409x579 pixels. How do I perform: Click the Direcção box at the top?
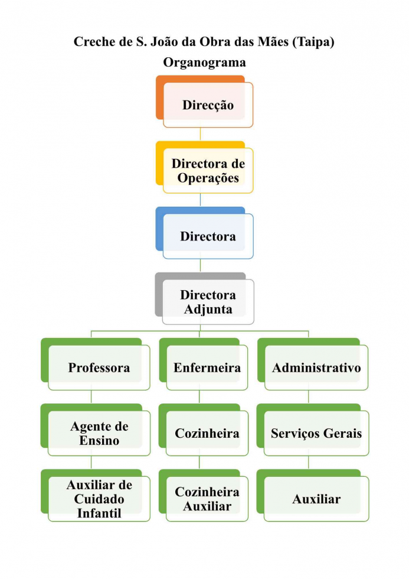click(208, 105)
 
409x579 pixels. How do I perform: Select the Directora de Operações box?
click(208, 171)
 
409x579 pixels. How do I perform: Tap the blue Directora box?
click(208, 236)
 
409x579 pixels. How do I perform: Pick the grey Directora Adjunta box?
click(208, 302)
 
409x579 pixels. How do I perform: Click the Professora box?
click(99, 367)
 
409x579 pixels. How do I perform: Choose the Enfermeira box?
click(207, 367)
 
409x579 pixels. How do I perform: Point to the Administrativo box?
click(316, 367)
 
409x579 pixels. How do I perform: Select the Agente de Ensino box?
click(99, 433)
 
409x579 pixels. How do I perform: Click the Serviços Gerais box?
click(316, 433)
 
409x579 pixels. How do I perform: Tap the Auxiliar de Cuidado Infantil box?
click(99, 499)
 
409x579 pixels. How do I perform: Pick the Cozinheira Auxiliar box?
click(207, 499)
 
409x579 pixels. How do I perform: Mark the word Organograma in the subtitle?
click(204, 62)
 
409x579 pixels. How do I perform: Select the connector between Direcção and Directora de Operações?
click(200, 134)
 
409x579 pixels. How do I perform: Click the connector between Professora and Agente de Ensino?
click(91, 397)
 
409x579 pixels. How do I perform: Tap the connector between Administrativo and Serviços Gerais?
click(308, 397)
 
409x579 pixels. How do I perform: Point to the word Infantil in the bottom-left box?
click(99, 513)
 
